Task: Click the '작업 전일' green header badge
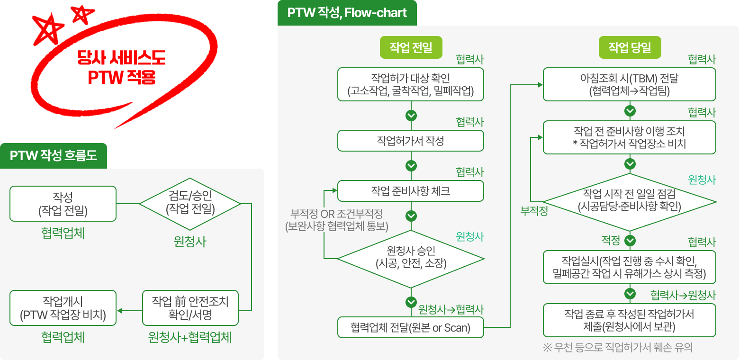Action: tap(411, 47)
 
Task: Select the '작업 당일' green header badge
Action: tap(630, 47)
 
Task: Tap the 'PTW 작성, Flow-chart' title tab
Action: tap(347, 13)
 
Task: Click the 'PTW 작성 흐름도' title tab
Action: tap(54, 155)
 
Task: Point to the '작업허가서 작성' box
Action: tap(410, 141)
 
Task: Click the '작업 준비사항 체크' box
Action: tap(410, 191)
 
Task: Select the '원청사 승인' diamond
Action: tap(410, 258)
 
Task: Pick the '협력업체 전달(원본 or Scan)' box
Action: tap(410, 327)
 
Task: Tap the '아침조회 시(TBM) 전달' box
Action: tap(629, 84)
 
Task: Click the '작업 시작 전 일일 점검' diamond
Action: tap(629, 200)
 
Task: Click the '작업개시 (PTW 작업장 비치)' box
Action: tap(63, 308)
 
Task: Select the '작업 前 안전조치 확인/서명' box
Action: tap(190, 308)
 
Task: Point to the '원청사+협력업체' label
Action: tap(190, 337)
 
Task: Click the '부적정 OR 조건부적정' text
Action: tap(337, 215)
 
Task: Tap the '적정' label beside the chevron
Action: tap(611, 241)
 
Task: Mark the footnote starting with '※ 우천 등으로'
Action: tap(618, 348)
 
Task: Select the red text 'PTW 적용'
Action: tap(122, 77)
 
